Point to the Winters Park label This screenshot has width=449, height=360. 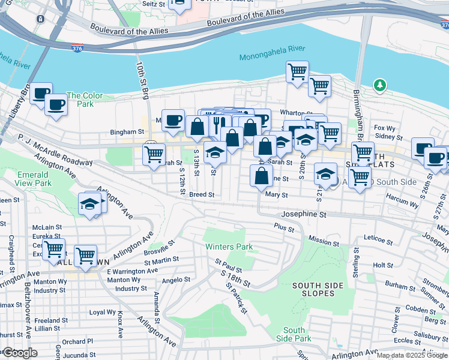229,247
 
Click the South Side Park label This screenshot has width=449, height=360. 294,335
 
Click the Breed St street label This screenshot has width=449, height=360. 202,194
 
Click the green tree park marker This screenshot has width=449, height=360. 379,86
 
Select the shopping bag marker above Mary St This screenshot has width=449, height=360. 261,176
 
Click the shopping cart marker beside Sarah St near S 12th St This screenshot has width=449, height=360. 154,154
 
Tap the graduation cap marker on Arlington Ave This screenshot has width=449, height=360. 90,204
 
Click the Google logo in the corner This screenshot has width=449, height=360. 20,353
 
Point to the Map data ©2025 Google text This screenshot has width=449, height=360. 412,355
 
